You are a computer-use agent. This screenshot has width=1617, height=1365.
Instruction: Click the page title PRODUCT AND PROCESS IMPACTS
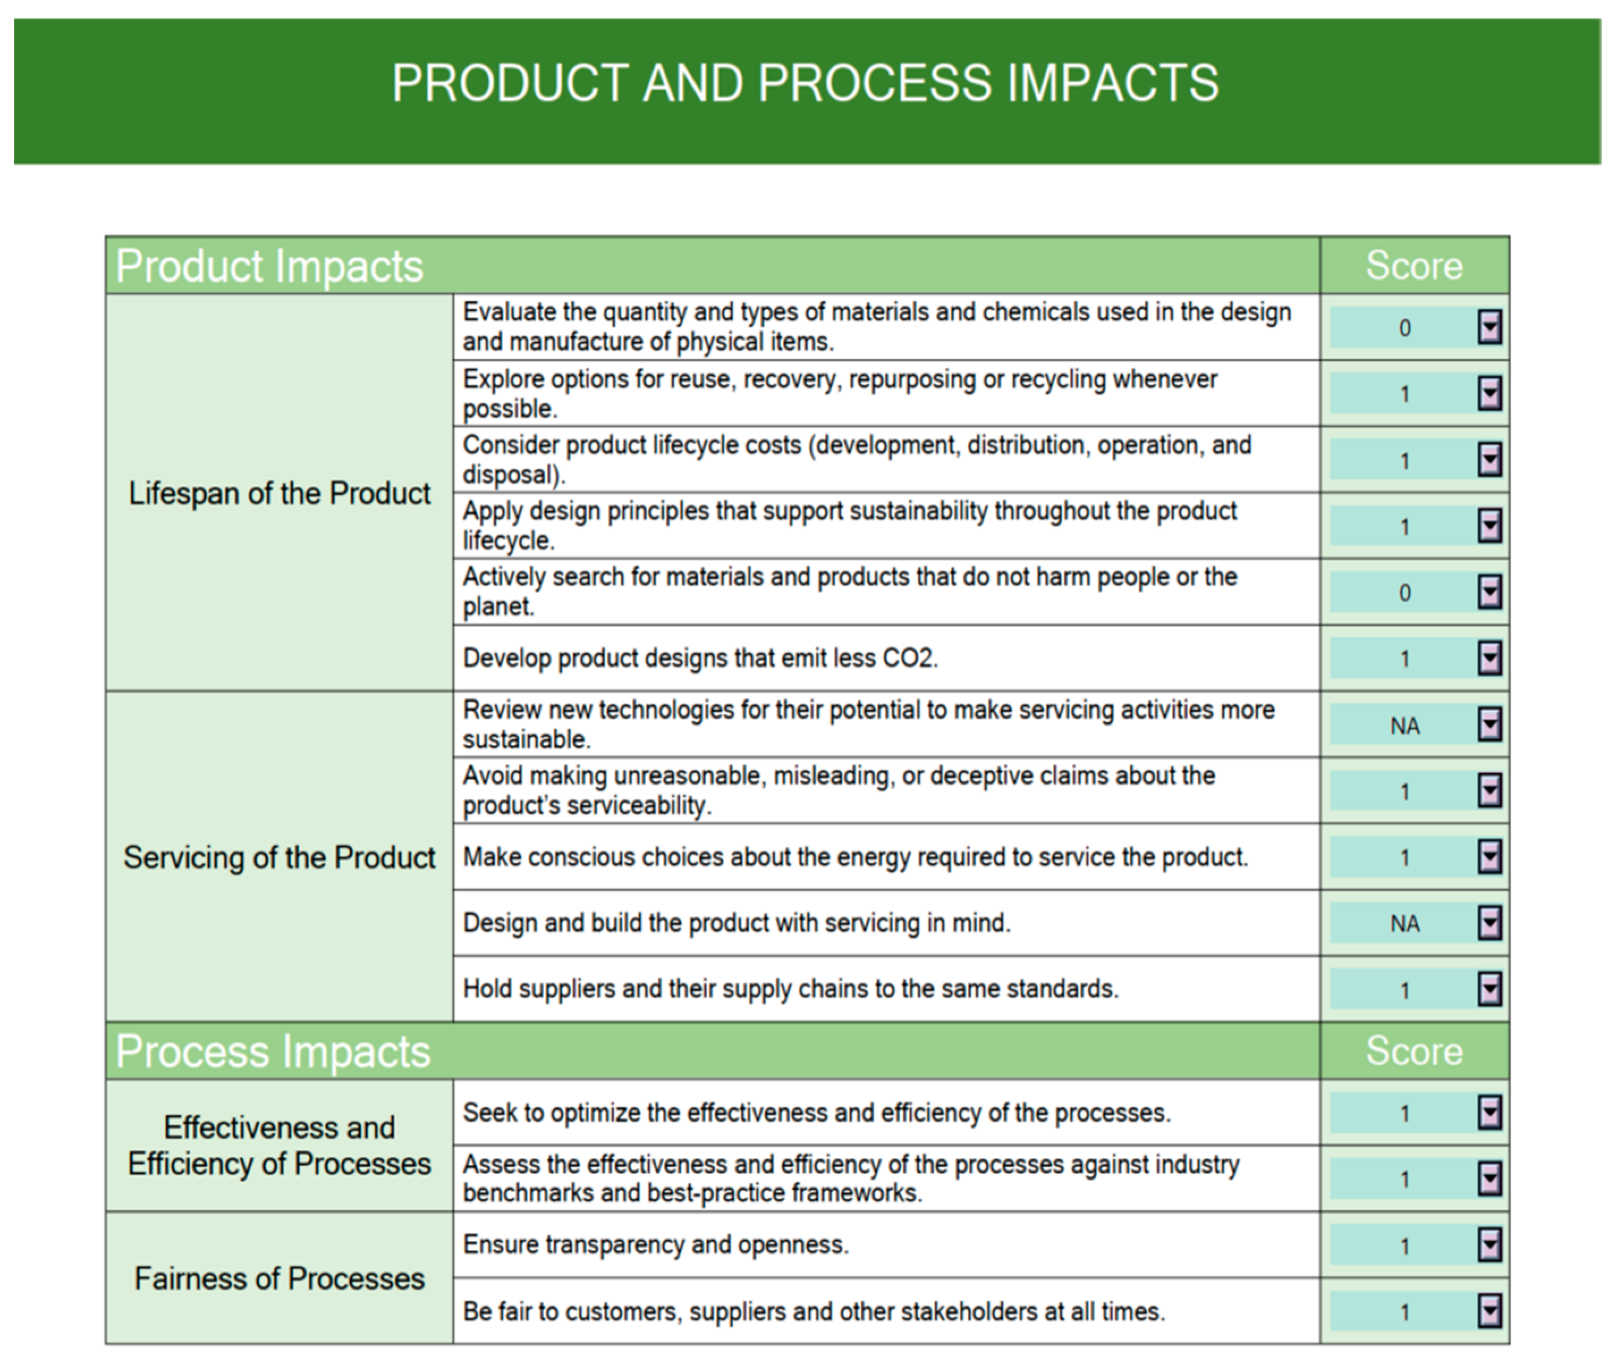[x=805, y=83]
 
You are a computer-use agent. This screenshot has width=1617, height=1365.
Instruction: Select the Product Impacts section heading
[x=269, y=266]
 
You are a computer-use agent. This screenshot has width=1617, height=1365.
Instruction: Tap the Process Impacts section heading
[x=273, y=1052]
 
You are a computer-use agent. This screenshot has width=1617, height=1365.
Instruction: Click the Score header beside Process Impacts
[x=1413, y=1052]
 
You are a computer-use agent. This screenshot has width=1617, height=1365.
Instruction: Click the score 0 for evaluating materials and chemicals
[x=1404, y=328]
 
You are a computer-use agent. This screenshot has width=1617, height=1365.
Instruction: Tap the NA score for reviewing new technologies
[x=1404, y=726]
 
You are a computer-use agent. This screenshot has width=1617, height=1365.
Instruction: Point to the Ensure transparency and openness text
[x=655, y=1244]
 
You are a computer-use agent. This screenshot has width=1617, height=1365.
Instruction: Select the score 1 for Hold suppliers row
[x=1404, y=990]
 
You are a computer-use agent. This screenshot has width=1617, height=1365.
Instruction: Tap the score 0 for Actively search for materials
[x=1404, y=593]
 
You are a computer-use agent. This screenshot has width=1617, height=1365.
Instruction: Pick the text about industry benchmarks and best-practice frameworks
[x=850, y=1179]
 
